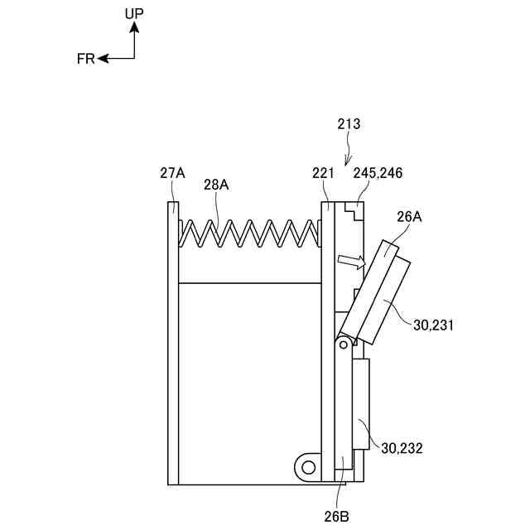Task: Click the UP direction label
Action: click(x=134, y=13)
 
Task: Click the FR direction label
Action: click(x=86, y=59)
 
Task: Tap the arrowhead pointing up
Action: click(x=134, y=27)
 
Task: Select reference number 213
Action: click(x=349, y=124)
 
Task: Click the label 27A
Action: click(x=172, y=173)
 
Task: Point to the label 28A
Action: click(x=216, y=185)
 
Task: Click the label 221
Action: click(x=323, y=173)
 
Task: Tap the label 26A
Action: click(x=409, y=218)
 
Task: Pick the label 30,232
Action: click(x=402, y=448)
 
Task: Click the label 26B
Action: click(x=336, y=516)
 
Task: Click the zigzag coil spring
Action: click(x=249, y=233)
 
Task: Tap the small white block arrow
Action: click(x=351, y=262)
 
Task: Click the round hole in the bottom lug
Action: click(x=309, y=468)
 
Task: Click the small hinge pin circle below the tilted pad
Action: click(x=340, y=342)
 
